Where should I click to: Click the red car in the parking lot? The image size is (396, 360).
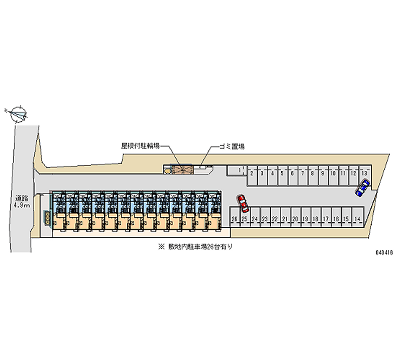(x=243, y=202)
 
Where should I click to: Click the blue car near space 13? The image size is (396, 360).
(x=362, y=188)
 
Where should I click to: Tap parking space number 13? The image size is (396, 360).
(x=364, y=173)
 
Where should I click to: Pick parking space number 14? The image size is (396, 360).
(x=357, y=219)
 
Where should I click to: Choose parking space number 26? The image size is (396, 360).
(x=234, y=219)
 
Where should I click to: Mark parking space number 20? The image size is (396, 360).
(x=296, y=219)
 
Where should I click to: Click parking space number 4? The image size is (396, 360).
(x=272, y=173)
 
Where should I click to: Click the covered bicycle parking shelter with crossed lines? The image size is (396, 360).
(x=181, y=169)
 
